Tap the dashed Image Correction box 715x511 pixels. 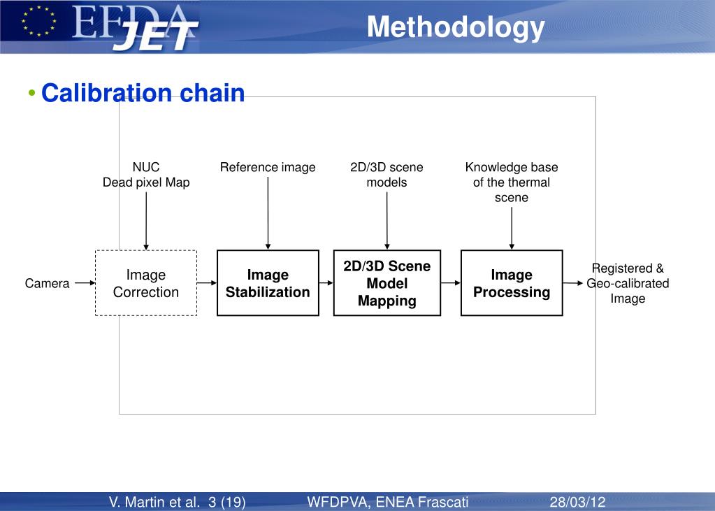point(146,283)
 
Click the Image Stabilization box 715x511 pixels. point(268,283)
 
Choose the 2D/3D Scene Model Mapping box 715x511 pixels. point(387,283)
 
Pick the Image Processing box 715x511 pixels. point(512,283)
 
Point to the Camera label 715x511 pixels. point(48,284)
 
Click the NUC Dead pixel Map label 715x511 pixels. point(146,175)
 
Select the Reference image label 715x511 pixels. point(268,168)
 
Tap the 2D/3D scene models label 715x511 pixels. point(387,175)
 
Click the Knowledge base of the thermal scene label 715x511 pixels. point(512,182)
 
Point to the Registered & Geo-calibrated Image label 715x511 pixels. point(628,283)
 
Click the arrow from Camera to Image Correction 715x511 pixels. point(84,284)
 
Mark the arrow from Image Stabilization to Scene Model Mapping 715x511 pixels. point(326,284)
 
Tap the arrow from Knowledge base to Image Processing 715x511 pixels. point(512,227)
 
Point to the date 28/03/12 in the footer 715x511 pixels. point(577,502)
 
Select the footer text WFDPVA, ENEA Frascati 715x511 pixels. point(387,502)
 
